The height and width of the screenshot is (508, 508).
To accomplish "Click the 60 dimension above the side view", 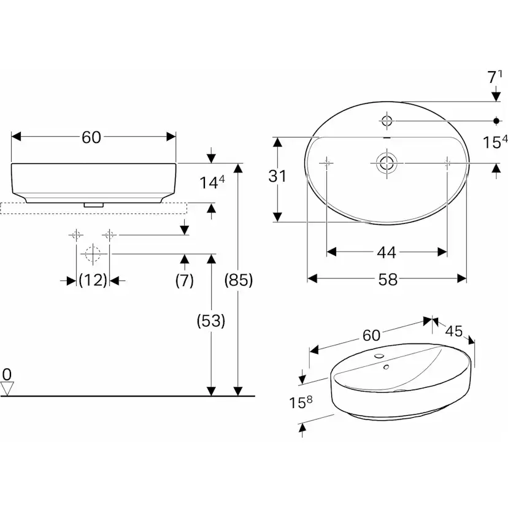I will pyautogui.click(x=91, y=137).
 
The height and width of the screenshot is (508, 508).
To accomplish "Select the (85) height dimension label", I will pyautogui.click(x=239, y=280).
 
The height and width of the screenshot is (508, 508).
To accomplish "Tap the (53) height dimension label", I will pyautogui.click(x=210, y=320).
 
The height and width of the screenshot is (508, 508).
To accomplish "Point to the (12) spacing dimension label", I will pyautogui.click(x=93, y=280).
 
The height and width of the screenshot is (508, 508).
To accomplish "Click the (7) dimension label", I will pyautogui.click(x=184, y=280).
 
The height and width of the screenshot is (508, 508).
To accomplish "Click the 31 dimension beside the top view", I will pyautogui.click(x=278, y=177).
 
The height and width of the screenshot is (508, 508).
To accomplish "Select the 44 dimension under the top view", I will pyautogui.click(x=387, y=252).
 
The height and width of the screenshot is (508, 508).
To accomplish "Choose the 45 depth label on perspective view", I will pyautogui.click(x=454, y=332).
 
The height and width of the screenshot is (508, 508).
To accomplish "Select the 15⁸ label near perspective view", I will pyautogui.click(x=301, y=402).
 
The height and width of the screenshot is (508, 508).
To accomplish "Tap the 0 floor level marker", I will pyautogui.click(x=7, y=374).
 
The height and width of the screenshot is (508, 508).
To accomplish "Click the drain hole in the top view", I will pyautogui.click(x=386, y=163).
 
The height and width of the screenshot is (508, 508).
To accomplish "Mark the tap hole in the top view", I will pyautogui.click(x=387, y=120).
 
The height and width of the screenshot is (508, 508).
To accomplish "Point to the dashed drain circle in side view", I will pyautogui.click(x=92, y=253).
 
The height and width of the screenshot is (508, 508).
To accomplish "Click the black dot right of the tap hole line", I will pyautogui.click(x=496, y=121).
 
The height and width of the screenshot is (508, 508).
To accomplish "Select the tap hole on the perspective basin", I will pyautogui.click(x=379, y=356).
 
